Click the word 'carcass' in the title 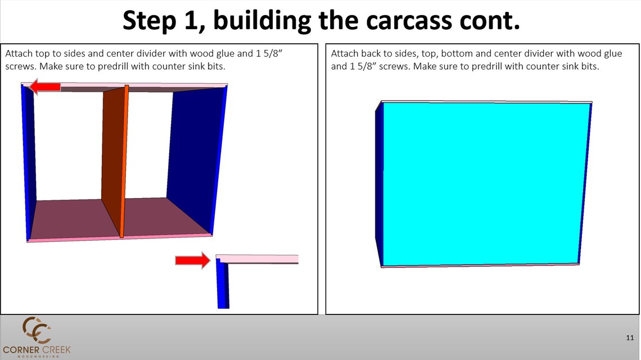394,21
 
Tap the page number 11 630,337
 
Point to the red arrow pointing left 46,87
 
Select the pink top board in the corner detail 259,259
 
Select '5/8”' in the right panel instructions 368,66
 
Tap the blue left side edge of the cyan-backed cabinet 379,186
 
